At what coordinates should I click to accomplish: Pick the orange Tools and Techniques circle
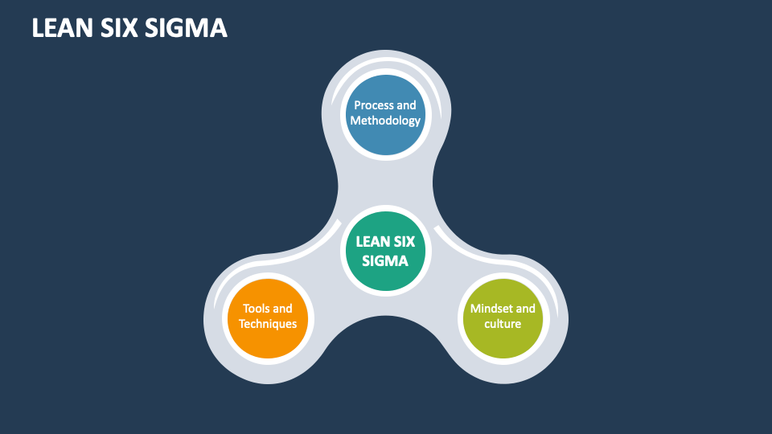click(268, 317)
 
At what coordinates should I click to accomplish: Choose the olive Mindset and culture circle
click(503, 317)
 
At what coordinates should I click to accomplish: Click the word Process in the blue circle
click(374, 105)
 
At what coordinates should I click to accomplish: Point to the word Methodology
click(385, 121)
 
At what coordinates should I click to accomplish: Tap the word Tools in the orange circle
click(257, 309)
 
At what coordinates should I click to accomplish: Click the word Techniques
click(268, 324)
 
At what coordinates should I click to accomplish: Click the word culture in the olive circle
click(503, 324)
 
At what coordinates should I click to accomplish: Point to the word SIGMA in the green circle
click(385, 260)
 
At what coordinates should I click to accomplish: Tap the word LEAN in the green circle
click(372, 241)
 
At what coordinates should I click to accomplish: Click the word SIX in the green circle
click(403, 241)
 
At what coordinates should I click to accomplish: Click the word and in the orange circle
click(282, 309)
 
